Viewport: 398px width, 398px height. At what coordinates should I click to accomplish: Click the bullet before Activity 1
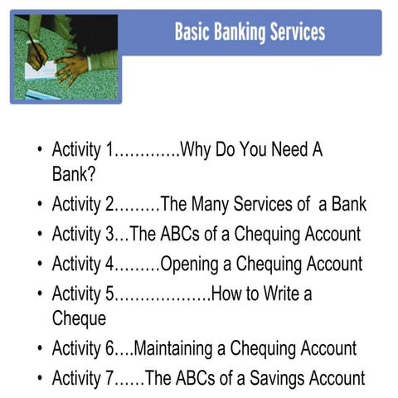pos(40,152)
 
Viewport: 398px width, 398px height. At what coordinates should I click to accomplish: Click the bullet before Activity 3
pos(40,235)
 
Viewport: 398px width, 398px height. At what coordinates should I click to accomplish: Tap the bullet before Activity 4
pos(40,265)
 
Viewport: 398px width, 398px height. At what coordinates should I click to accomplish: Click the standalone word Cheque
pos(79,318)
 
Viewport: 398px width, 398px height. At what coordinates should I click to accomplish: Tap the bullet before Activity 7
pos(40,379)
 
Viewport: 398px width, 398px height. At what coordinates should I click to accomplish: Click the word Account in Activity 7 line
pos(336,378)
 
